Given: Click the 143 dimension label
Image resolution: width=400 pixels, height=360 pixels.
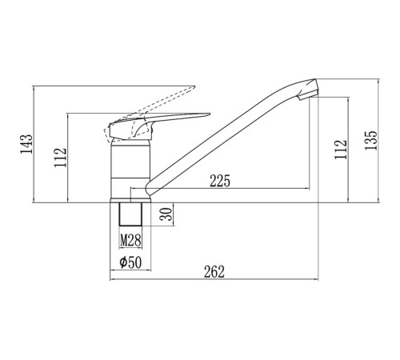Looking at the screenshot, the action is coord(26,144).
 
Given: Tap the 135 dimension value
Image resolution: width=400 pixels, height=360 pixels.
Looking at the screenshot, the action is coord(371,140).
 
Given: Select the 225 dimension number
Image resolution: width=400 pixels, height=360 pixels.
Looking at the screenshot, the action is coord(220,181).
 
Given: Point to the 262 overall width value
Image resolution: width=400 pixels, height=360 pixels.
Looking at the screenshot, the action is coord(214,272).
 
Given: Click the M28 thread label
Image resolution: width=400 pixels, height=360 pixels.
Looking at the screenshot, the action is coord(130,240).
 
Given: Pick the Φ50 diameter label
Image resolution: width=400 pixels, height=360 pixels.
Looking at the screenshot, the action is coord(130,262).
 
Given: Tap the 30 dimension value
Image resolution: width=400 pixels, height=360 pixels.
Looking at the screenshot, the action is coord(166,214).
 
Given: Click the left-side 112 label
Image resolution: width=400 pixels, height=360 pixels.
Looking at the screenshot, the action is coord(60,157).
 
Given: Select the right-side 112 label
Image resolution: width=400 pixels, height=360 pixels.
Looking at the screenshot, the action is coord(341,150).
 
